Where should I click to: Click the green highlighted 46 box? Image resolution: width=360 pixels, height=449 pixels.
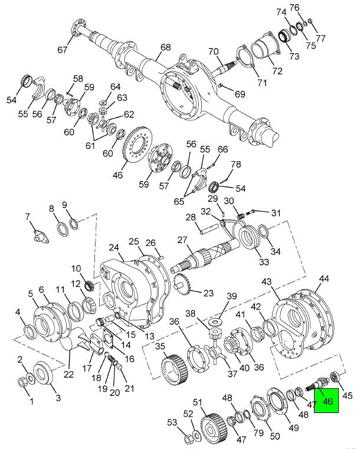click(326, 401)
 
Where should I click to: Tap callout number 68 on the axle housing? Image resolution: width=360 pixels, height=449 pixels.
click(165, 47)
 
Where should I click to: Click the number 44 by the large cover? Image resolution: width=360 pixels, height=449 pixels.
click(324, 278)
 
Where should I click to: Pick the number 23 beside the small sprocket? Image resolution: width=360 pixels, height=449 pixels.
click(208, 293)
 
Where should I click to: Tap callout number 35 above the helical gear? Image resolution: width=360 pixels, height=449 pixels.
click(160, 346)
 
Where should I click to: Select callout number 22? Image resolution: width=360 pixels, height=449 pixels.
click(69, 373)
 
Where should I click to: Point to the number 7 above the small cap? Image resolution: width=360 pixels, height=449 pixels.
click(28, 217)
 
